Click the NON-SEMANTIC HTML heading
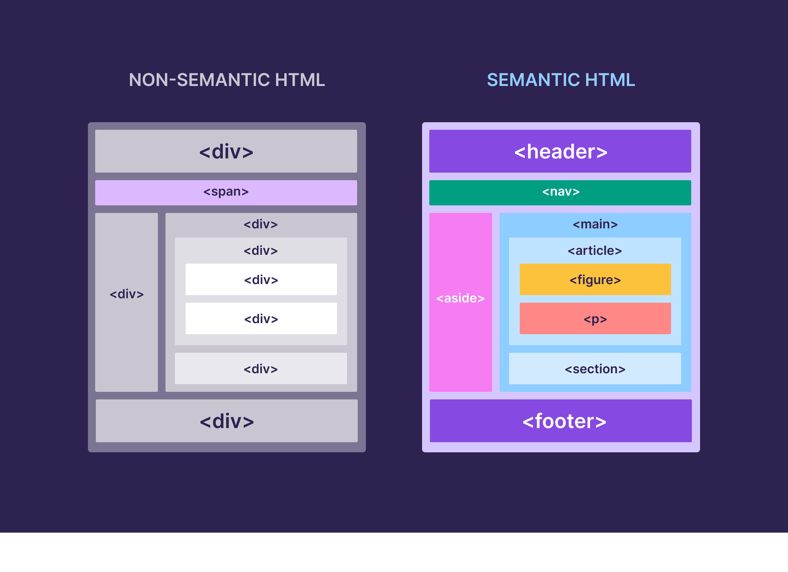click(227, 80)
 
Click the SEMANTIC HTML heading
click(561, 80)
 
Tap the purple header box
click(560, 152)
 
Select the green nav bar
click(560, 192)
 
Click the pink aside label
click(461, 298)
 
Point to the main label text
click(595, 224)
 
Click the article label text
click(595, 251)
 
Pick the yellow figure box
click(595, 280)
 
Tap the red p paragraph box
click(595, 318)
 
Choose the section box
click(595, 369)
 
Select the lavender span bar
click(226, 192)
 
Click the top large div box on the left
click(226, 152)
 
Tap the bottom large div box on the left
click(227, 420)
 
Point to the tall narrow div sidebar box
click(126, 302)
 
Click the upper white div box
click(261, 280)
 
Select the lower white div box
click(261, 318)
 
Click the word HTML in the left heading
click(300, 80)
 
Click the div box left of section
click(261, 369)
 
